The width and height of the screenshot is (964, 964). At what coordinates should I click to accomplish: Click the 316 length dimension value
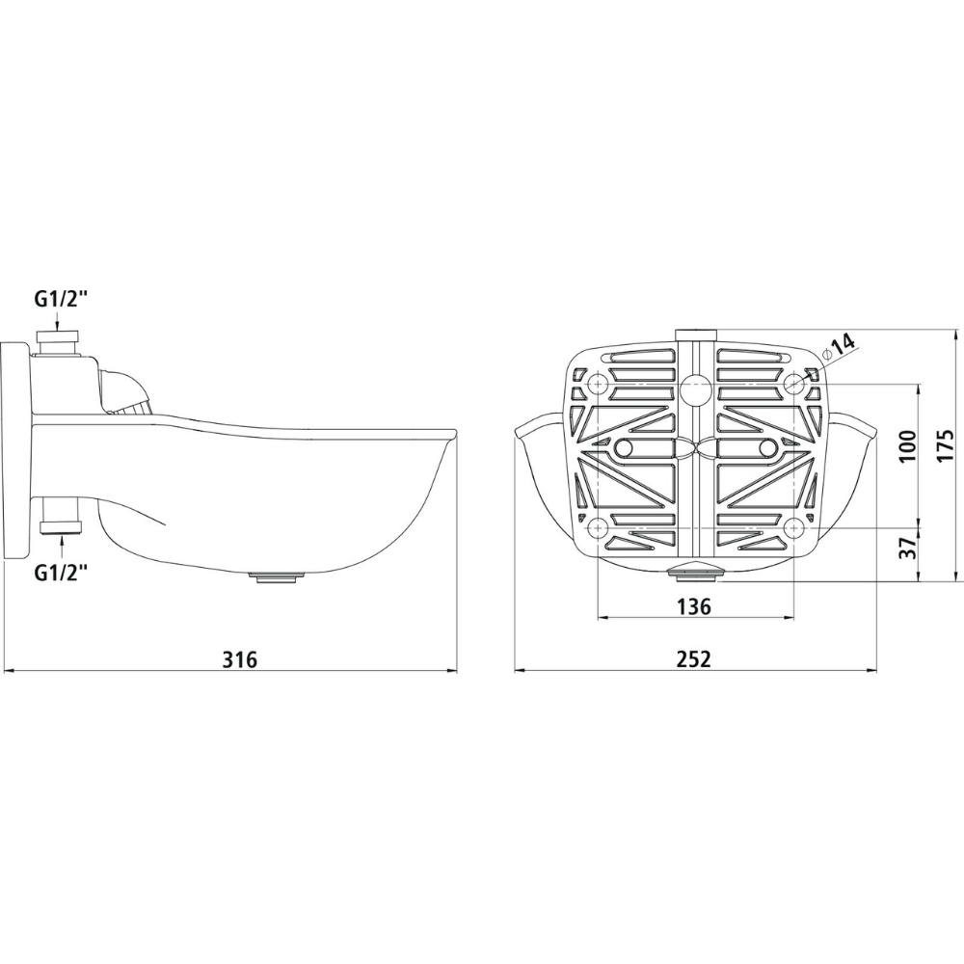point(239,659)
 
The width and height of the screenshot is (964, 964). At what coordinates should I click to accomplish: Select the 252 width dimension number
point(693,659)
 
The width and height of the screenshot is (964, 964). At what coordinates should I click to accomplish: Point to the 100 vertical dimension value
point(907,445)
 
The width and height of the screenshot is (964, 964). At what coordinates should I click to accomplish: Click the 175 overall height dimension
point(947,445)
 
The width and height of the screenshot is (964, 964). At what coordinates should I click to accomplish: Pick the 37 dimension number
point(907,546)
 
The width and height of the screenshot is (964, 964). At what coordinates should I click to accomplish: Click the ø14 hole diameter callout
point(839,349)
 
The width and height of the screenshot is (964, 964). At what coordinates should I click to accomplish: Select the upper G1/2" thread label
point(61,301)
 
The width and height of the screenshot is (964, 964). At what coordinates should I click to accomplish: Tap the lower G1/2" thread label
point(61,573)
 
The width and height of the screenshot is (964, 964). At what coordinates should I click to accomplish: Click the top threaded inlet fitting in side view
point(58,343)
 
